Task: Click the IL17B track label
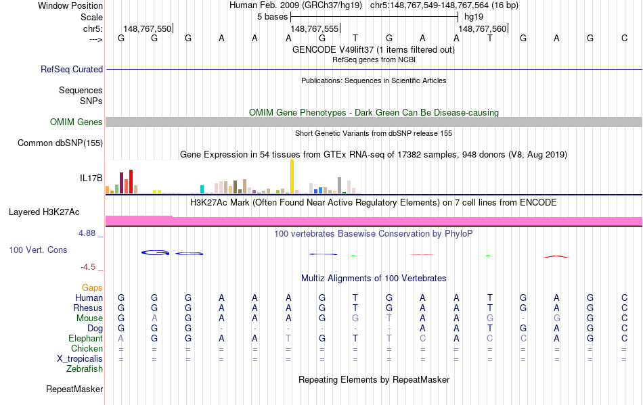pyautogui.click(x=91, y=178)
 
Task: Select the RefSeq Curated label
pyautogui.click(x=72, y=69)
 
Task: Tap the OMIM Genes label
pyautogui.click(x=76, y=122)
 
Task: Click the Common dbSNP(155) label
pyautogui.click(x=60, y=143)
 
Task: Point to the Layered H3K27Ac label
pyautogui.click(x=44, y=212)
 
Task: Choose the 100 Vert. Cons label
pyautogui.click(x=38, y=250)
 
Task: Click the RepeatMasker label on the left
pyautogui.click(x=74, y=389)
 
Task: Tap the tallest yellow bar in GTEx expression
pyautogui.click(x=292, y=176)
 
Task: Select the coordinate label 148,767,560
pyautogui.click(x=482, y=29)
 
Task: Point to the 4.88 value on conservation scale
pyautogui.click(x=90, y=233)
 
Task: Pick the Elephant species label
pyautogui.click(x=85, y=339)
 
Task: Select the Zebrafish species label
pyautogui.click(x=85, y=369)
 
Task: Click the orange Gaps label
pyautogui.click(x=92, y=288)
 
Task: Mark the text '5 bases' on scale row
pyautogui.click(x=273, y=17)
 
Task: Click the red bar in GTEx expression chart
pyautogui.click(x=131, y=181)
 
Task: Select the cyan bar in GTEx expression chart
pyautogui.click(x=202, y=189)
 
